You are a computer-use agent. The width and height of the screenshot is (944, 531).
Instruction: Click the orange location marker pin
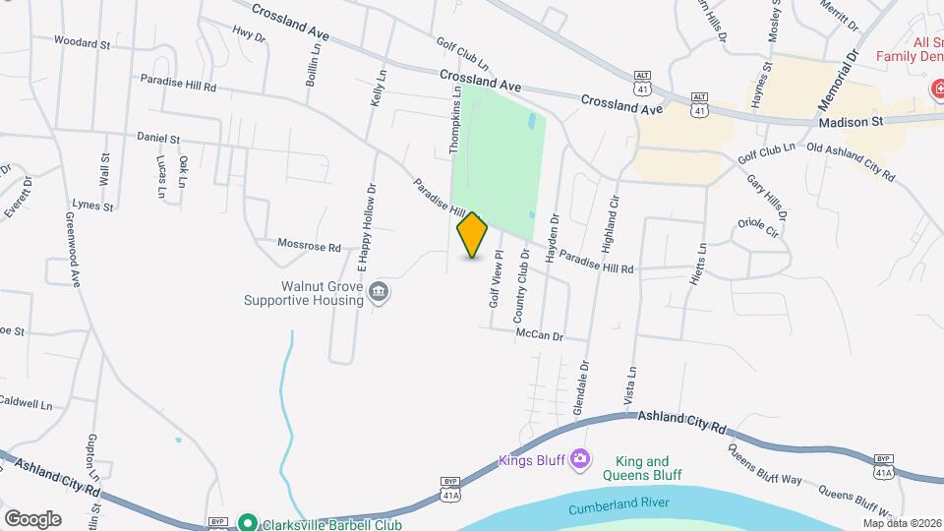coord(473,235)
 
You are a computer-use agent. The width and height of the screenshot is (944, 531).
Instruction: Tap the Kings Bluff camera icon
coord(580,459)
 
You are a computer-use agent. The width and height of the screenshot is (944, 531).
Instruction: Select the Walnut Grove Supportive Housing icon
coord(379,292)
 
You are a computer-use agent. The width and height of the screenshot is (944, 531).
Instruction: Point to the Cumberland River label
coord(619,505)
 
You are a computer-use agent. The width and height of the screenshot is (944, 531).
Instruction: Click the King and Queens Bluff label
coord(648,468)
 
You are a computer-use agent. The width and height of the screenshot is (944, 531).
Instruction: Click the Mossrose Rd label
coord(309,246)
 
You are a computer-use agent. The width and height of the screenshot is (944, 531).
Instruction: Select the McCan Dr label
coord(539,335)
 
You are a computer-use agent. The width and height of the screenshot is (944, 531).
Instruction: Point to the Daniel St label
coord(158,139)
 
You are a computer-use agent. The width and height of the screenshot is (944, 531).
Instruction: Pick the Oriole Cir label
coord(758,233)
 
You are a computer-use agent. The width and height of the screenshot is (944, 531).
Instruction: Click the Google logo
coord(31,518)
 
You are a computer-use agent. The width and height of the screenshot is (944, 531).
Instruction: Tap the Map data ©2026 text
coord(902,523)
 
